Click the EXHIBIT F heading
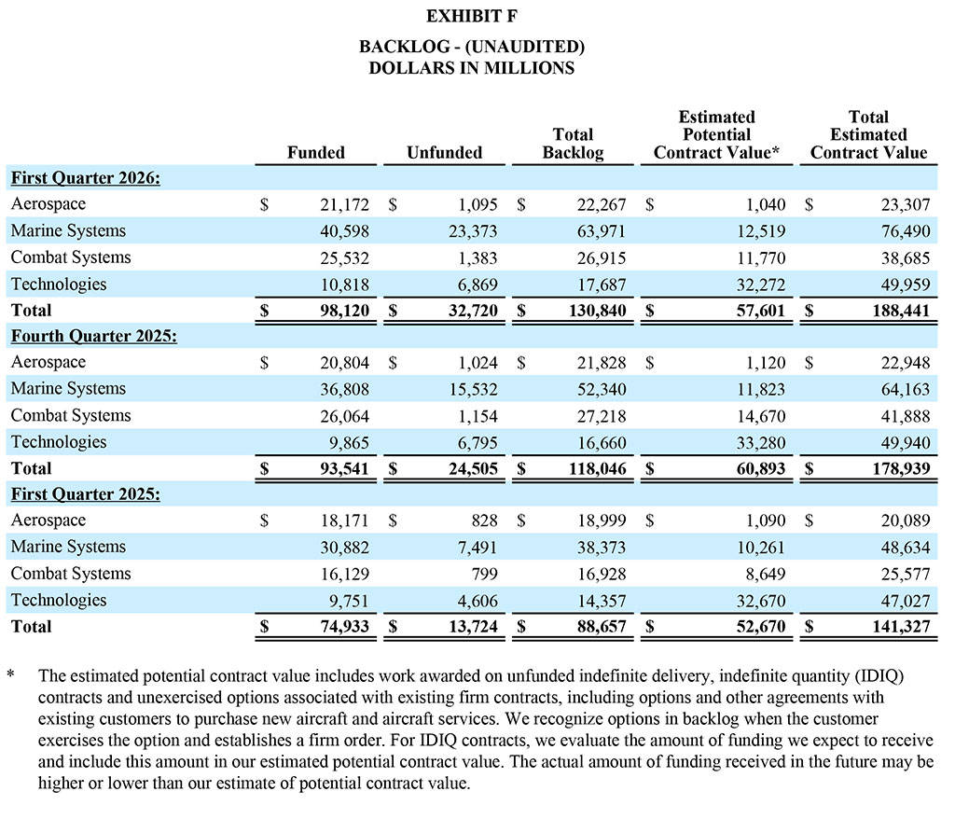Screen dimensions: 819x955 click(x=471, y=17)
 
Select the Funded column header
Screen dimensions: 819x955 click(x=315, y=152)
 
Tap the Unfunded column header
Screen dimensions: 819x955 click(x=444, y=152)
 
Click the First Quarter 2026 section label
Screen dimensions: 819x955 click(x=85, y=177)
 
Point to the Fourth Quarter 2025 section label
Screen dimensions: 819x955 click(x=93, y=336)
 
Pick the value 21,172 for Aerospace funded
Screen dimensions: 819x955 click(x=343, y=204)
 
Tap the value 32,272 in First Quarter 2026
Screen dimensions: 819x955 click(x=759, y=284)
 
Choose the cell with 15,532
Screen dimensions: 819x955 click(x=471, y=389)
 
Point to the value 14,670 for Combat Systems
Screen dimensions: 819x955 click(x=759, y=415)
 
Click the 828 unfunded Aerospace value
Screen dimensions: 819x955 click(x=484, y=521)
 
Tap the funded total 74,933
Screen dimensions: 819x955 click(x=343, y=627)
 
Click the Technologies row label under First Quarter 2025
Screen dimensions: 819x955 click(x=59, y=600)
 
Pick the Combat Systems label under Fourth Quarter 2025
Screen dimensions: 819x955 click(x=71, y=415)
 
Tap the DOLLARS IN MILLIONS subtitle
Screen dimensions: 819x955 click(x=471, y=68)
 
